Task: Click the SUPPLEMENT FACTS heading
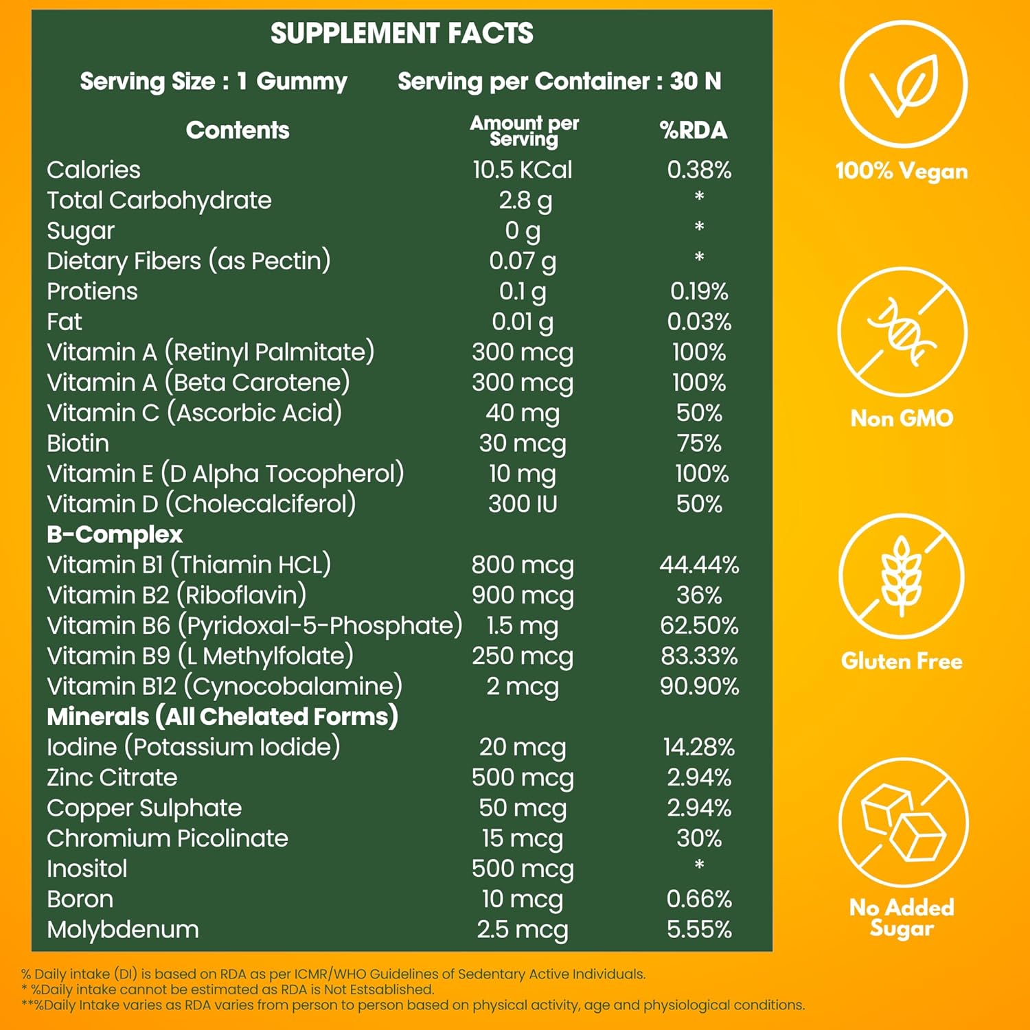(402, 33)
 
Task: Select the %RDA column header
(693, 130)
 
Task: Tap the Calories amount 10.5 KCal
(522, 170)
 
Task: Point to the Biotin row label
(78, 443)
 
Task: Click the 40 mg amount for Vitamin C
(522, 413)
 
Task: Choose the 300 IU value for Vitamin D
(522, 504)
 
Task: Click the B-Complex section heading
(115, 534)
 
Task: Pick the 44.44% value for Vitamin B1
(699, 564)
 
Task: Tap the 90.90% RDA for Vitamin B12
(699, 686)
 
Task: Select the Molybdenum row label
(123, 929)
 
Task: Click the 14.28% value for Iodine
(699, 747)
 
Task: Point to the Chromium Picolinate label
(168, 838)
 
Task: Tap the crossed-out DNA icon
(902, 332)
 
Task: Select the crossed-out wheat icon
(902, 577)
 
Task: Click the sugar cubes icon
(902, 821)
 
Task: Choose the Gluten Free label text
(902, 661)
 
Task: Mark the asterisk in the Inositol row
(699, 865)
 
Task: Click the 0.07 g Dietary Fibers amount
(522, 261)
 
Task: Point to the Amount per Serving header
(524, 130)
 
